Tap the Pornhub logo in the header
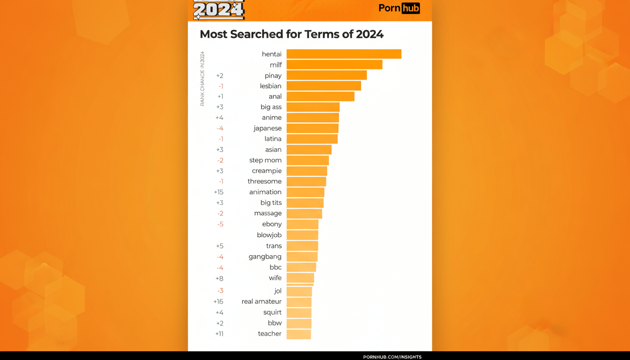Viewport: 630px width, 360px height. [399, 8]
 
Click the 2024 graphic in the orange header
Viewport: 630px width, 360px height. [219, 9]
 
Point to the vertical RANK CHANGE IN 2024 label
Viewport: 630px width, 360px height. [202, 78]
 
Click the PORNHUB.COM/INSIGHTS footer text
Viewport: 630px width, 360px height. [392, 357]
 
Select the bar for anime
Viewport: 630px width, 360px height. [313, 118]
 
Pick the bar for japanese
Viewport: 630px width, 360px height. [312, 128]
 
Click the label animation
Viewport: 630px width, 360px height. [265, 192]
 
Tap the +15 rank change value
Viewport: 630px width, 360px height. [218, 192]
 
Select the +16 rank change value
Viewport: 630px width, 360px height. [218, 301]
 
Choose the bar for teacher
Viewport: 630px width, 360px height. [299, 334]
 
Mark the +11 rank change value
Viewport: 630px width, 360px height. [219, 334]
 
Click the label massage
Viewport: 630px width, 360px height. [268, 213]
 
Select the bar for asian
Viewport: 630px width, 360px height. [309, 150]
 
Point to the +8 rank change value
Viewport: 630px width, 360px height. [219, 278]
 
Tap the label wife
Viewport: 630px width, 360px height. [275, 278]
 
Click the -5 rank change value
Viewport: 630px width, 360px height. [220, 224]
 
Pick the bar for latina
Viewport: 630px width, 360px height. [312, 139]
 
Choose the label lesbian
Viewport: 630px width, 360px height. [270, 86]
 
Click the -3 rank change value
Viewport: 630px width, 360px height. [220, 291]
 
